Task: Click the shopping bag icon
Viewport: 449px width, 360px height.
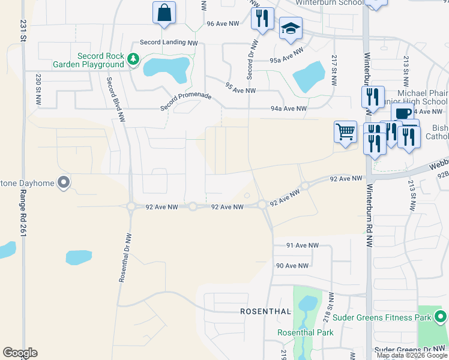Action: (164, 13)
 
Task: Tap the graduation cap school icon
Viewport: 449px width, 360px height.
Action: (291, 28)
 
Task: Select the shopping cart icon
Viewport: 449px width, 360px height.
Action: (345, 131)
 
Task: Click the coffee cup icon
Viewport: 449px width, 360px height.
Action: (403, 113)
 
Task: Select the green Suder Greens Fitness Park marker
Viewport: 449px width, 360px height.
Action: (441, 316)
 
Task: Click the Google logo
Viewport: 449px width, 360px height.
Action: (20, 353)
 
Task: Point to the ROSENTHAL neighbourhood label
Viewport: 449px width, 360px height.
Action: (265, 311)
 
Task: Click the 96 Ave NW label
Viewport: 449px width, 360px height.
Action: (223, 24)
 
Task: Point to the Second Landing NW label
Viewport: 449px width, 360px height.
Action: (169, 43)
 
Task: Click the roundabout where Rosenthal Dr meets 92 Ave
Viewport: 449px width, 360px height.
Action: (131, 206)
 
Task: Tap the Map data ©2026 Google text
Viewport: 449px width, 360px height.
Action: (412, 355)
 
